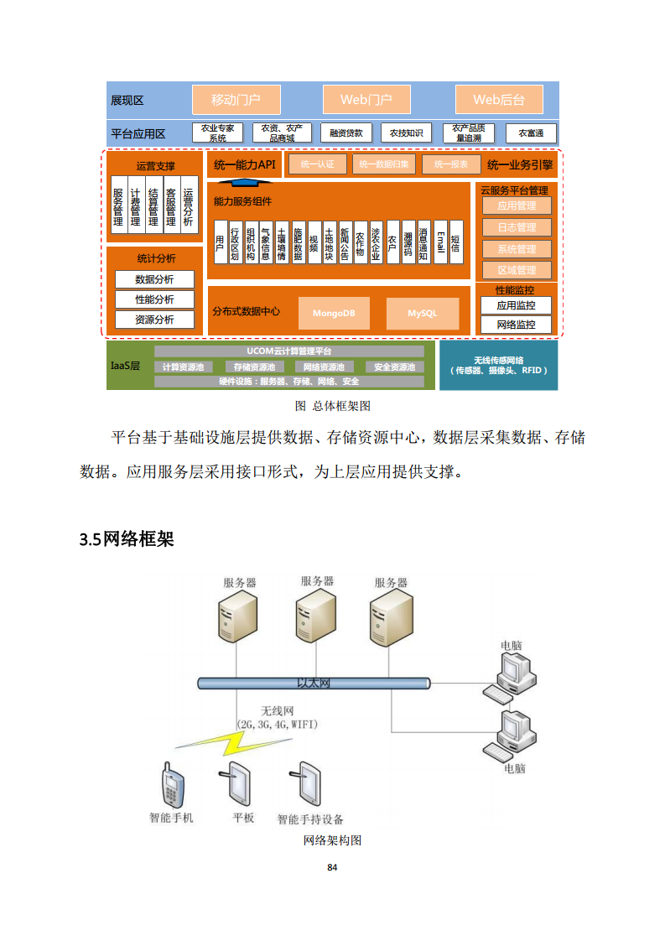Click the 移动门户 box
[x=236, y=100]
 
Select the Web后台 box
[x=499, y=100]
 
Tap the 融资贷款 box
[x=346, y=133]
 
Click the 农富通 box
[x=531, y=133]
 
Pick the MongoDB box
[x=334, y=313]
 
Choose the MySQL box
[x=423, y=313]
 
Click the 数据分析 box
[x=154, y=279]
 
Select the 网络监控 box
[x=516, y=325]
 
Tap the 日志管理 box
[x=516, y=227]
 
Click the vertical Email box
[x=440, y=242]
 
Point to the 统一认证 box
[x=317, y=164]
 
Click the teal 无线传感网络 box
[x=498, y=365]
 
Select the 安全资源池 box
[x=394, y=367]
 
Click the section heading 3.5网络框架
[x=127, y=539]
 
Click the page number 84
[x=332, y=867]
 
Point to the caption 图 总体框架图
[x=332, y=405]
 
